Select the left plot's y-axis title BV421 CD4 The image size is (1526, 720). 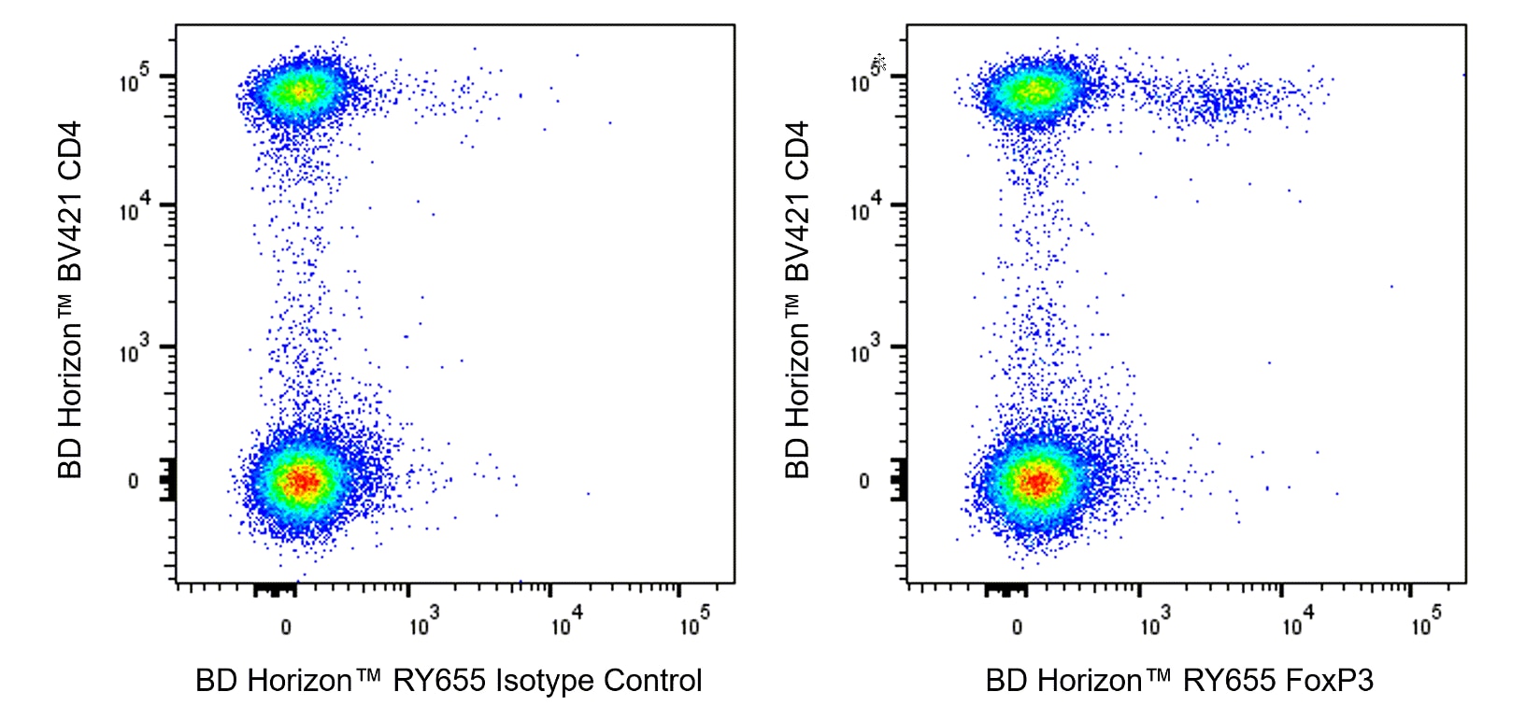pos(71,299)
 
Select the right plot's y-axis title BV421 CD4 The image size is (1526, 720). pos(797,299)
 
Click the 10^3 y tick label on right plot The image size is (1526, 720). pos(865,352)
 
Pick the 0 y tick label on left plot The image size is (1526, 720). pos(133,481)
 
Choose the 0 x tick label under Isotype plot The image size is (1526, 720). pos(286,627)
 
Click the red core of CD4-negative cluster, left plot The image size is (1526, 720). pos(302,481)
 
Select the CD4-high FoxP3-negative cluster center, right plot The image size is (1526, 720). pos(1033,92)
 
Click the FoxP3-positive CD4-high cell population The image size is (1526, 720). pos(1215,101)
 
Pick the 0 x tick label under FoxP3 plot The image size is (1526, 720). pos(1017,627)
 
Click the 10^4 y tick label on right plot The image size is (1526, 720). pos(865,210)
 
